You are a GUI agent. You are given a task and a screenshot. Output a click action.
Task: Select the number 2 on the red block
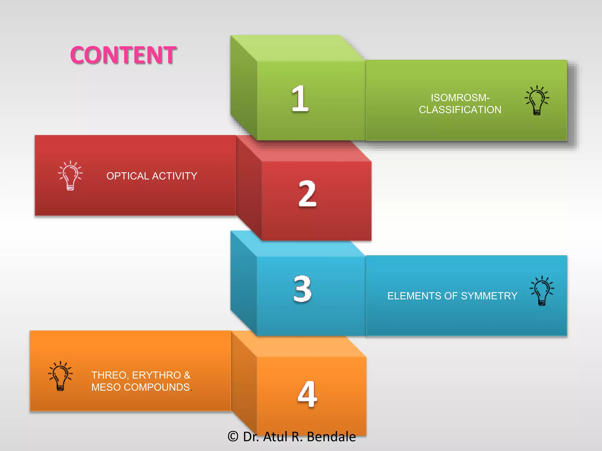(307, 194)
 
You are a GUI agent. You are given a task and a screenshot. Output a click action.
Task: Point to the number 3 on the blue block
(302, 289)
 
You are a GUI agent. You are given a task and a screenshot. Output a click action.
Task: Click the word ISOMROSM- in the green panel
(460, 97)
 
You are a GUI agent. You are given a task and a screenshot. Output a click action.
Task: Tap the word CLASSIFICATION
(460, 110)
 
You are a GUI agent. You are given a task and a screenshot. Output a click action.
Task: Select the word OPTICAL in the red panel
(128, 176)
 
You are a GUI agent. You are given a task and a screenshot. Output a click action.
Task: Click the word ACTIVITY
(175, 176)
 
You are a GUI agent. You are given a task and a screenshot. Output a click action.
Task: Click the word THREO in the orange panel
(109, 375)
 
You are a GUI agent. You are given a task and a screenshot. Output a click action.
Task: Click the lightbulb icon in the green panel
(537, 100)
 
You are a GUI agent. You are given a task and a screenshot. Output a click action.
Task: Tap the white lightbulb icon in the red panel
(70, 176)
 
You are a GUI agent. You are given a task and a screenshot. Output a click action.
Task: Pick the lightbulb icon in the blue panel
(542, 291)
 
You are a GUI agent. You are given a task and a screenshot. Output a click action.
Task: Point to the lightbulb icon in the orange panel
(60, 376)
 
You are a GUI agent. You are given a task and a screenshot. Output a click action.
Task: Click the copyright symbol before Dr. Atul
(233, 436)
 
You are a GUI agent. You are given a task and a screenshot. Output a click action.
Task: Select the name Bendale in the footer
(331, 437)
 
